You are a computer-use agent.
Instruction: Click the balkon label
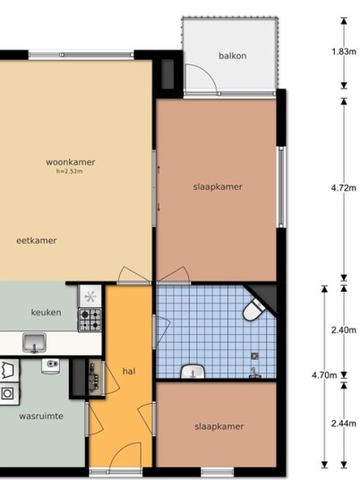[232, 56]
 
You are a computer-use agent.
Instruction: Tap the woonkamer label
[71, 162]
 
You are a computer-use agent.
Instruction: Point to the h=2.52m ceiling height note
[69, 171]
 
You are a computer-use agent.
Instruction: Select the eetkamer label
[37, 241]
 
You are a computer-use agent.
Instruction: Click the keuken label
[46, 313]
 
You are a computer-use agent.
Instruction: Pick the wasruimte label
[41, 416]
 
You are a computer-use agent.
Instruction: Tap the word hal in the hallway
[129, 372]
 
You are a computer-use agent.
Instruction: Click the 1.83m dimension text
[344, 52]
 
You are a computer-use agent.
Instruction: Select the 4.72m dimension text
[344, 188]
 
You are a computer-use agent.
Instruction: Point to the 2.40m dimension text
[344, 330]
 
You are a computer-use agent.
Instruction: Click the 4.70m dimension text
[324, 375]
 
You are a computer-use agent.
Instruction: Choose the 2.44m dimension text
[344, 424]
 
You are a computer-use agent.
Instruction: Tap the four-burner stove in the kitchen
[90, 320]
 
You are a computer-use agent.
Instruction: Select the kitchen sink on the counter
[34, 343]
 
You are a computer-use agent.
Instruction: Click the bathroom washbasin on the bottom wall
[193, 372]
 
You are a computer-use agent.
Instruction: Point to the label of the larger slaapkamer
[218, 187]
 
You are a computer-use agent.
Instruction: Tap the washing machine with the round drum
[8, 393]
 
